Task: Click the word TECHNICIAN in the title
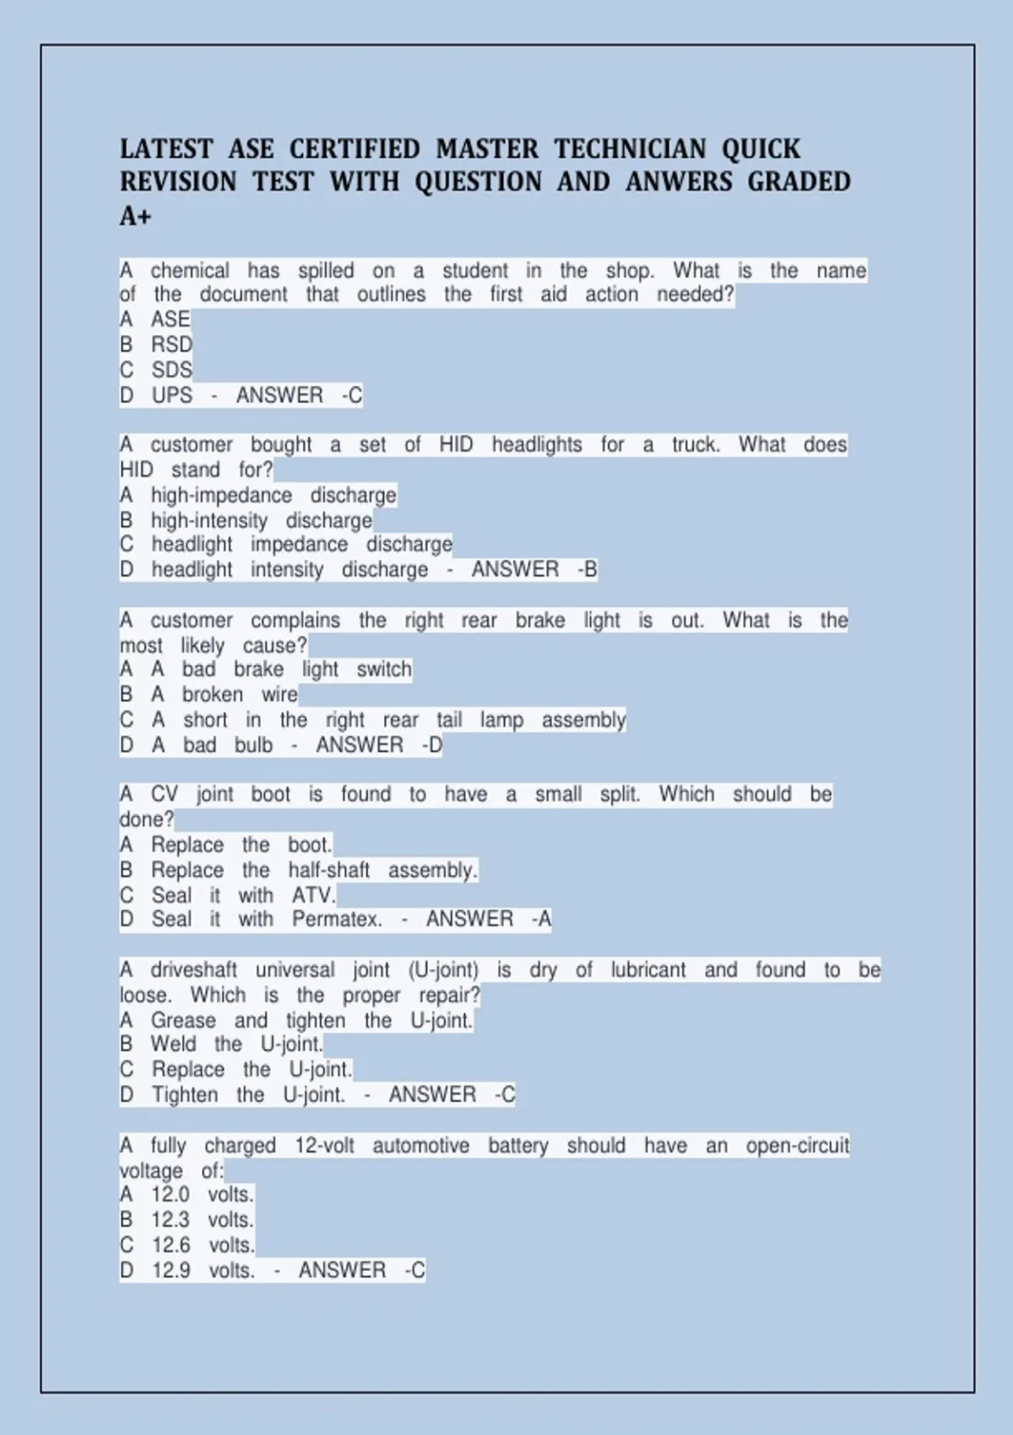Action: [630, 149]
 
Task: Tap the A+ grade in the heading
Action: [135, 216]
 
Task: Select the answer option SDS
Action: [171, 370]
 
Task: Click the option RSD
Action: [171, 344]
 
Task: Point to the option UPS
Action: [171, 395]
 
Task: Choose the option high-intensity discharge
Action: [261, 520]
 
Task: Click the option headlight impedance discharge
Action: [301, 544]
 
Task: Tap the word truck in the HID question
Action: [695, 445]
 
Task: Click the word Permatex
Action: [337, 919]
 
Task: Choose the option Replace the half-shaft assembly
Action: [314, 870]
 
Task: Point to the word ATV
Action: [313, 895]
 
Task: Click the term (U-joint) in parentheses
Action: [443, 970]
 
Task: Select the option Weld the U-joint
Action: [236, 1044]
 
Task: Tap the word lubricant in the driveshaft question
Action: [647, 970]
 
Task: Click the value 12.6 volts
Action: [203, 1245]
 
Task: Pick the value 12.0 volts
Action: [203, 1194]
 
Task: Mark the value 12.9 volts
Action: [203, 1270]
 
